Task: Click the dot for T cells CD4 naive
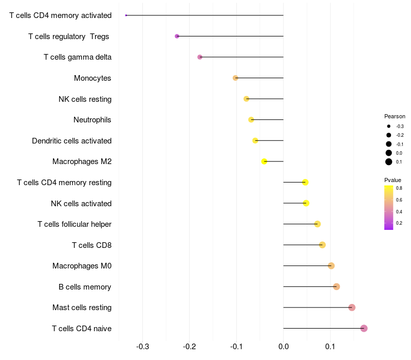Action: click(364, 328)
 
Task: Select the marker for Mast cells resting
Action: click(352, 307)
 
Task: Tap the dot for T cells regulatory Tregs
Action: click(177, 36)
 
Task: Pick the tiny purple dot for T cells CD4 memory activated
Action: click(126, 15)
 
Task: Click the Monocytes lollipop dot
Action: click(235, 78)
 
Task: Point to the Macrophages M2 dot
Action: click(264, 161)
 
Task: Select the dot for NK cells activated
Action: click(306, 203)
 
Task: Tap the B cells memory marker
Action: click(337, 286)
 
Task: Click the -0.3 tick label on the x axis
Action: click(143, 347)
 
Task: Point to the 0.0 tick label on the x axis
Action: click(284, 347)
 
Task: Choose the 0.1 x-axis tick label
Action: click(330, 347)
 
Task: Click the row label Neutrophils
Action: click(92, 120)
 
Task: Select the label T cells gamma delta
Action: click(78, 57)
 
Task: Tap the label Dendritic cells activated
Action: click(72, 141)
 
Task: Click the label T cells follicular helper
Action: click(74, 224)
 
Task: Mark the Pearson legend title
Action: click(395, 116)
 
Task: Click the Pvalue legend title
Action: click(393, 180)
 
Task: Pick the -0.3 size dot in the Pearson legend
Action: click(389, 126)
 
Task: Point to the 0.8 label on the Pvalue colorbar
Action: click(399, 188)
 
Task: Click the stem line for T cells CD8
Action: click(303, 245)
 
